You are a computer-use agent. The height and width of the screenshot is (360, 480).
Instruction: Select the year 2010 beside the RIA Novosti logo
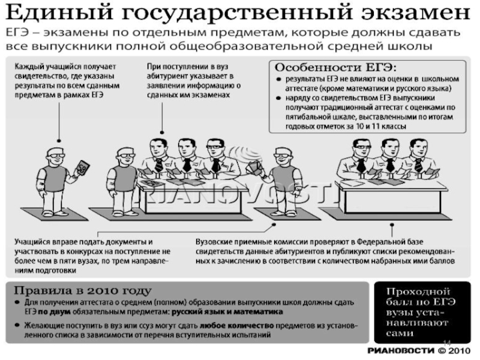[454, 350]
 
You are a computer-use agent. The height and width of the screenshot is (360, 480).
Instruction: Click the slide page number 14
[446, 343]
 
